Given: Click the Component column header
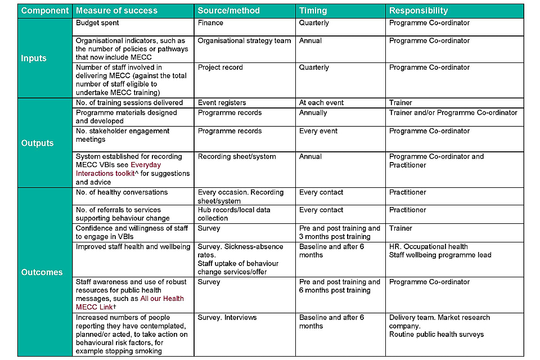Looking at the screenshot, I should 45,11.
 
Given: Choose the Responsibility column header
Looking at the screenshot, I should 418,11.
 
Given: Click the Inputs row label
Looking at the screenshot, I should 34,58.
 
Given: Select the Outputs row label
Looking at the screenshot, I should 37,143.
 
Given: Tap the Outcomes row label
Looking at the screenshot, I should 42,272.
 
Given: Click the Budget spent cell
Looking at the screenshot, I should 97,23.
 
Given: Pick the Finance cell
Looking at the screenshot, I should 210,23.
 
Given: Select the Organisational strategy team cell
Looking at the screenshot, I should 244,40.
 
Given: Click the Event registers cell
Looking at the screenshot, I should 222,103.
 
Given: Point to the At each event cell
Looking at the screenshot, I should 321,103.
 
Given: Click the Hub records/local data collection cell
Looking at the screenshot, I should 234,214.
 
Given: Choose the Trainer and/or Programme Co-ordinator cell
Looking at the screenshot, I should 453,112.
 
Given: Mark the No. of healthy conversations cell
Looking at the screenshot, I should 121,192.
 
